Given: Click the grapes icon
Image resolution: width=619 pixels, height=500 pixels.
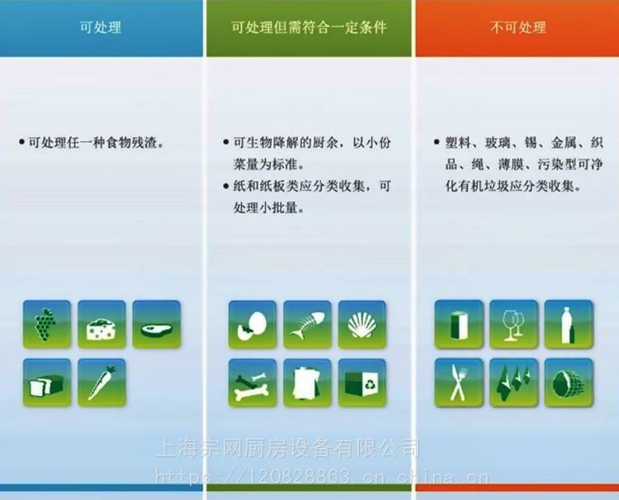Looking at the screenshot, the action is pos(47,324).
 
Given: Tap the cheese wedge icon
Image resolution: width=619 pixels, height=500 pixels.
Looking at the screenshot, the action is pos(102,324).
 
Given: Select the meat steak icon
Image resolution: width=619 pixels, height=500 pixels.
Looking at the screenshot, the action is pos(156,324).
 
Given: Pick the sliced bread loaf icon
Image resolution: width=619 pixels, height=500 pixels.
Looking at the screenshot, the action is pos(47,383).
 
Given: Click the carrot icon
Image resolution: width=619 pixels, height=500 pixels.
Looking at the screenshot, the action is pos(102,383).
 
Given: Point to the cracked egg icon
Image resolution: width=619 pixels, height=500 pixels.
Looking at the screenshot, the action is pos(253,325).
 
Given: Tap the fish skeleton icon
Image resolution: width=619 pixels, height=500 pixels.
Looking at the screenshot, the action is pos(308,325).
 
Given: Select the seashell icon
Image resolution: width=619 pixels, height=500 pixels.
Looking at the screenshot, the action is pos(362,325).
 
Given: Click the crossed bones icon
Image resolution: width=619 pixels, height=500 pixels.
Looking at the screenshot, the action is pos(253,383).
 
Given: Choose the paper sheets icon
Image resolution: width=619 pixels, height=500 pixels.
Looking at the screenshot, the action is pos(308,383).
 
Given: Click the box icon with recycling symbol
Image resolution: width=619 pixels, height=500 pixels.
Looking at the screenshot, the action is pos(362,383).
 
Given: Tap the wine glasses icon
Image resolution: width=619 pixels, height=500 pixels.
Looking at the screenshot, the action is pos(513,324).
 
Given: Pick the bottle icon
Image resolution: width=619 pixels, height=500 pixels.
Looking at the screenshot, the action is pos(569,324).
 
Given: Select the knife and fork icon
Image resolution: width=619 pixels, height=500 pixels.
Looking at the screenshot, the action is pos(459,383).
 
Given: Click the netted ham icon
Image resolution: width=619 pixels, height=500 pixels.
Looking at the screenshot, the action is pos(569,383).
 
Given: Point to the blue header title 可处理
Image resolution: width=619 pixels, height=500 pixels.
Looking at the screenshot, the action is pos(101,27).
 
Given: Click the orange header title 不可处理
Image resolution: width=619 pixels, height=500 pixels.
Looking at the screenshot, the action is pos(518,27).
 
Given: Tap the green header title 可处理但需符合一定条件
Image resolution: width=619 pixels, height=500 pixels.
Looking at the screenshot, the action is pos(309,27).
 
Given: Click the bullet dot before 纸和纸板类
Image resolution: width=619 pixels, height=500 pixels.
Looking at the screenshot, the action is pos(226,186).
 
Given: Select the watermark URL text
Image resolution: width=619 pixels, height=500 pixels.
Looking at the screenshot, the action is pos(322,476).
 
